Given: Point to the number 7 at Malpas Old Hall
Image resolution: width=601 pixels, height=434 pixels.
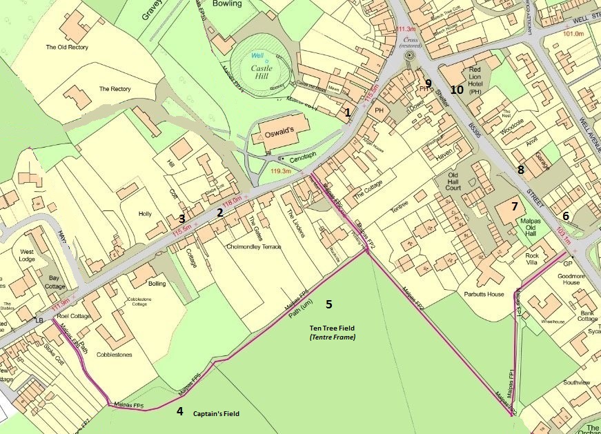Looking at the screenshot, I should pos(513,206).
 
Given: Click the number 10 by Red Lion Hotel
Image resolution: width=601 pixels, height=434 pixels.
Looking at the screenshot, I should pos(457,89).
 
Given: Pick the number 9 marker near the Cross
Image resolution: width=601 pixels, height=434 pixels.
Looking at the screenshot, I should pos(428,83).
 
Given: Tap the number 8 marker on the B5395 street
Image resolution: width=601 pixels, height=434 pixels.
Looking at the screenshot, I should pos(521,168).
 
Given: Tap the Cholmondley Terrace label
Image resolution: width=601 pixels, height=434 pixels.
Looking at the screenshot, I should pos(255,246).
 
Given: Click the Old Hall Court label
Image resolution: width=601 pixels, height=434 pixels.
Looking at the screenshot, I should pos(453,182).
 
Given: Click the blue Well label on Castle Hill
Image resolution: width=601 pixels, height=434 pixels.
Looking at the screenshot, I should pos(258,55).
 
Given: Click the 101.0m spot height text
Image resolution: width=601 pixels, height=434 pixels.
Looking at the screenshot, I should pos(573,33).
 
